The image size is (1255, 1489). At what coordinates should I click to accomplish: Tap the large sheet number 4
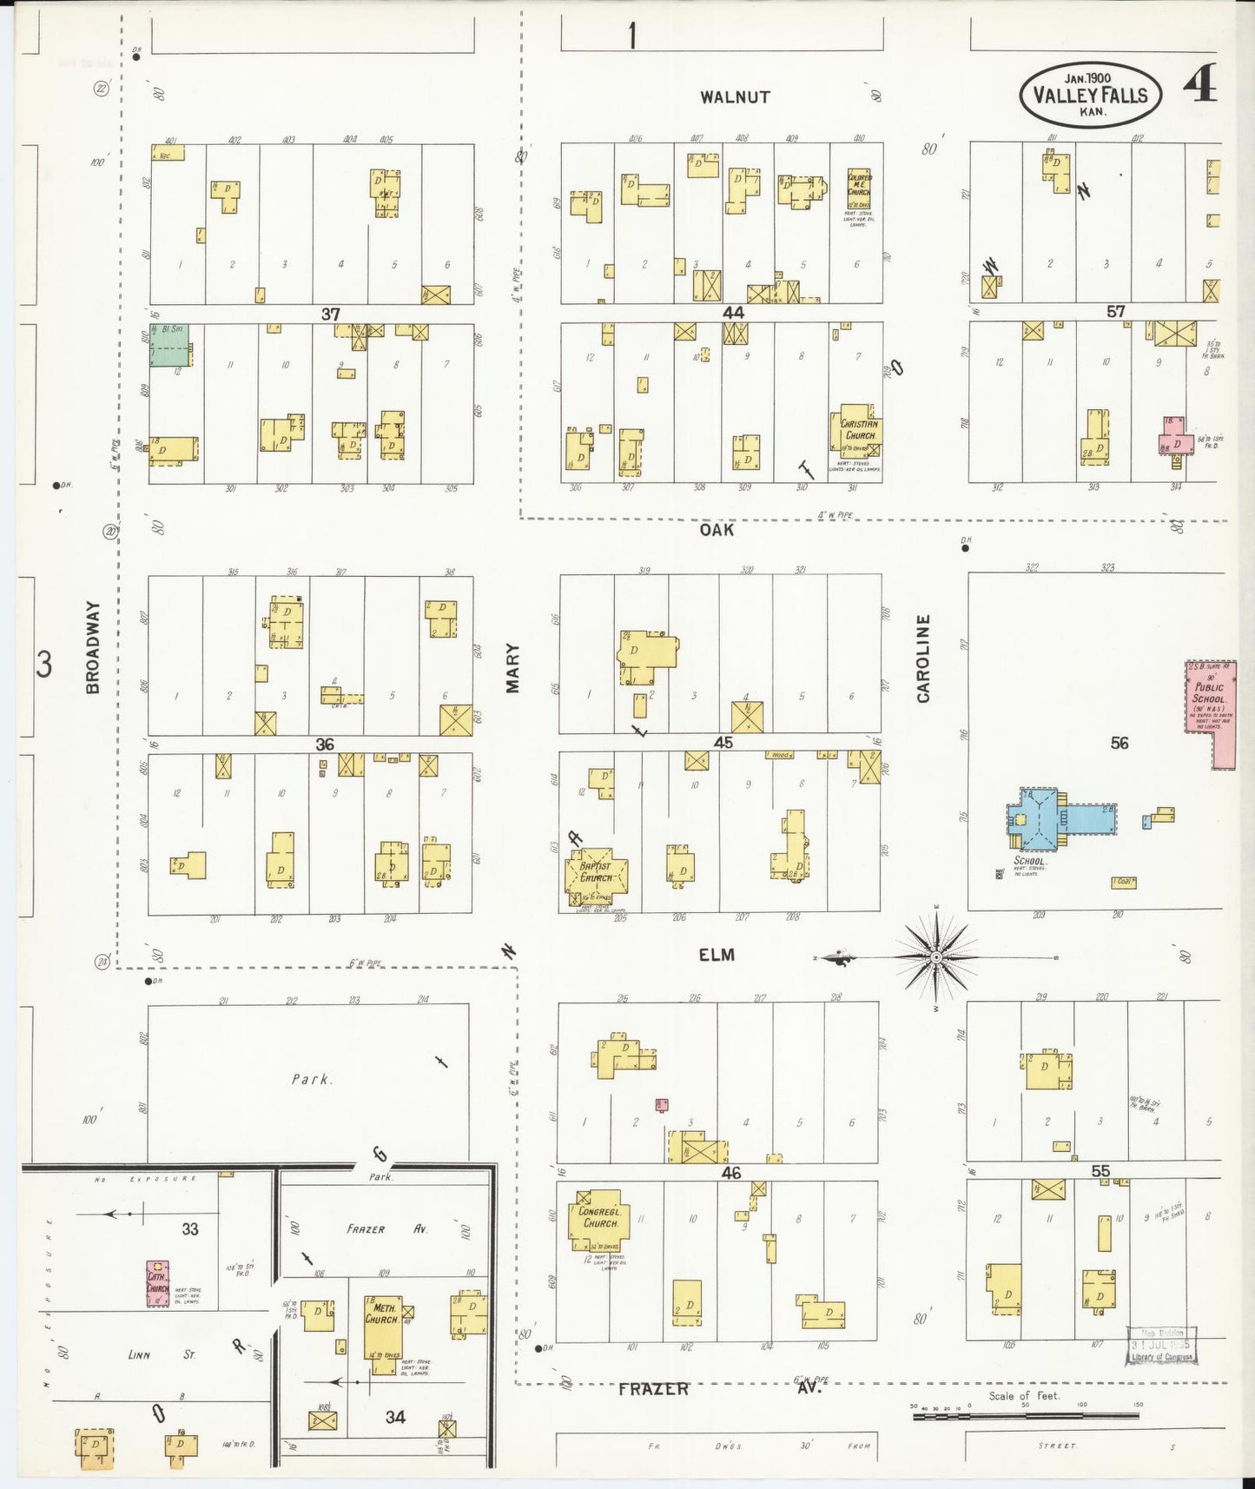coord(1203,83)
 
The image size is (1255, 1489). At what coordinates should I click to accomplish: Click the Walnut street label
coord(735,97)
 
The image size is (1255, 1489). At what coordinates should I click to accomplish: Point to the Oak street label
coord(717,529)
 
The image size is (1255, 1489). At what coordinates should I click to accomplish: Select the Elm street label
coord(717,955)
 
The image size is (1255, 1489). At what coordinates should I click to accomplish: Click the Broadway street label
coord(93,647)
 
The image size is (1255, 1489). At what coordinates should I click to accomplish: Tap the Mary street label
coord(512,667)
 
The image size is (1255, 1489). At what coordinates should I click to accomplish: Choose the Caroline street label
coord(923,658)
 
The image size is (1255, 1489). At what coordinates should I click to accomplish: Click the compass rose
coord(936,957)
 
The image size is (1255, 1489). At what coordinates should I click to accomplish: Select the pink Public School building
coord(1210,708)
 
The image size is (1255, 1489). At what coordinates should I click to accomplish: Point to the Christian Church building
coord(858,430)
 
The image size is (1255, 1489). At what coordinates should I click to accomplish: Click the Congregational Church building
coord(598,1219)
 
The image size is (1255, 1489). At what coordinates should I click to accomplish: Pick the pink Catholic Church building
coord(157,1284)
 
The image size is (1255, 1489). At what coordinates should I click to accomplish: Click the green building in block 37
coord(169,345)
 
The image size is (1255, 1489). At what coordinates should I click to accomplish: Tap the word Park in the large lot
coord(310,1079)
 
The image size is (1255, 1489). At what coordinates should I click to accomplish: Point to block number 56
coord(1119,742)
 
